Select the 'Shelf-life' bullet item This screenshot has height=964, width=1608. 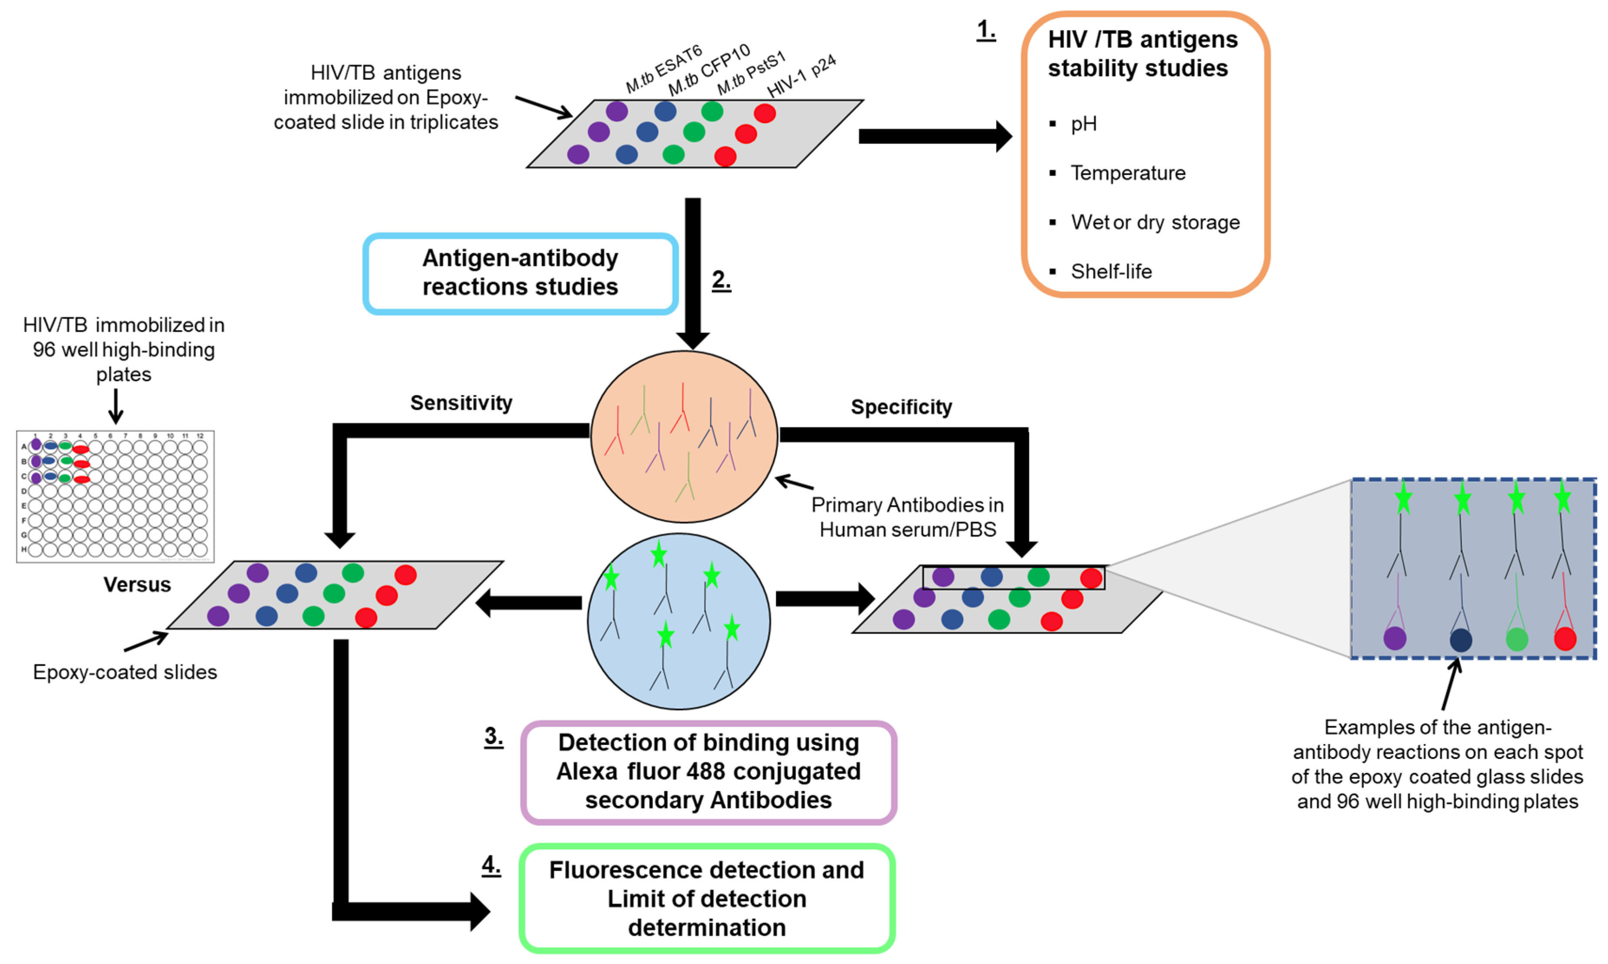[1111, 271]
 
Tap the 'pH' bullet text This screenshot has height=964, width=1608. [1083, 124]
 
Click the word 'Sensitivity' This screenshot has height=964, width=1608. [461, 403]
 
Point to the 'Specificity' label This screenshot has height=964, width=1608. [901, 407]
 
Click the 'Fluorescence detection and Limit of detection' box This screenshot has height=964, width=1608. [707, 899]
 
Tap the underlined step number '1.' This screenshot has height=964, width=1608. [986, 30]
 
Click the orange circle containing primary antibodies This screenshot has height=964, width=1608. [684, 437]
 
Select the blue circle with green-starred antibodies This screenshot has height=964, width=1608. [678, 621]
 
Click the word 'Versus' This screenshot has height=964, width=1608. [137, 585]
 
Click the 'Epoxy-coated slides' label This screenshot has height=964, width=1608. [125, 672]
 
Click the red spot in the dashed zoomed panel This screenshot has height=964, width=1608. [1565, 639]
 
